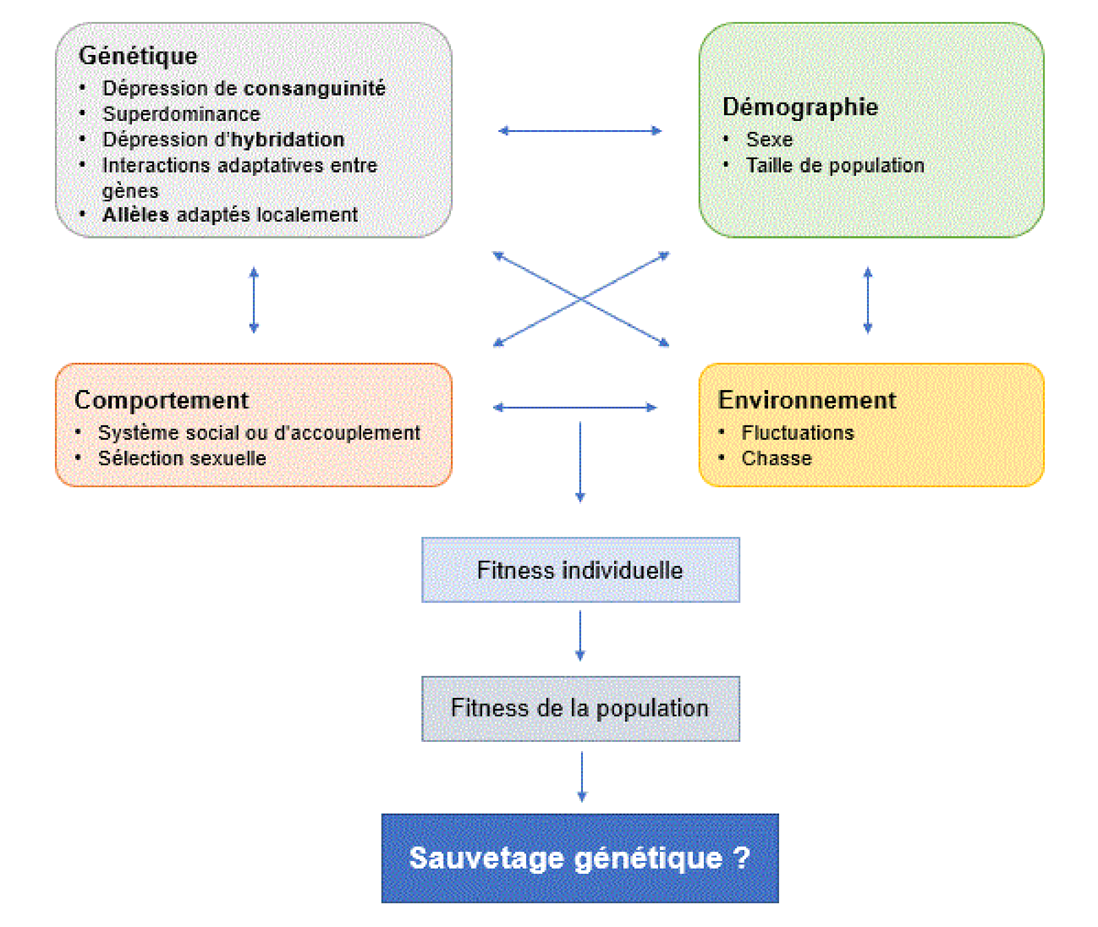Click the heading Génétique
click(138, 56)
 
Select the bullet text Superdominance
click(181, 114)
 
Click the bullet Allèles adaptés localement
click(230, 215)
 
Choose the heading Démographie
click(800, 107)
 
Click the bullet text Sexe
click(769, 140)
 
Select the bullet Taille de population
click(834, 165)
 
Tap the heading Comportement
click(161, 401)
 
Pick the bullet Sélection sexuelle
click(182, 458)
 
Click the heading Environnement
click(807, 401)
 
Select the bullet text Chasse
click(776, 459)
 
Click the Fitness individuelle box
click(580, 570)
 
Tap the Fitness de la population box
click(580, 708)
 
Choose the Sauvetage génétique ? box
click(580, 859)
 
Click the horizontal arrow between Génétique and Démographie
click(580, 131)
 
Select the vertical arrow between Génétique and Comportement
click(254, 300)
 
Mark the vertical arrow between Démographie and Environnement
click(868, 300)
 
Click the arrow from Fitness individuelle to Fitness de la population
click(580, 635)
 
